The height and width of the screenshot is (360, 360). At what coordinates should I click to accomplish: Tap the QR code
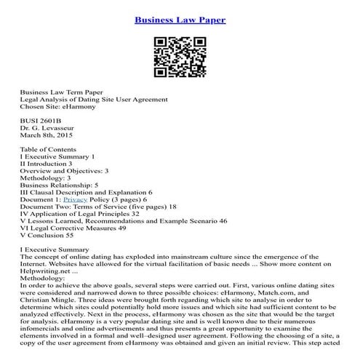pos(180,56)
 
